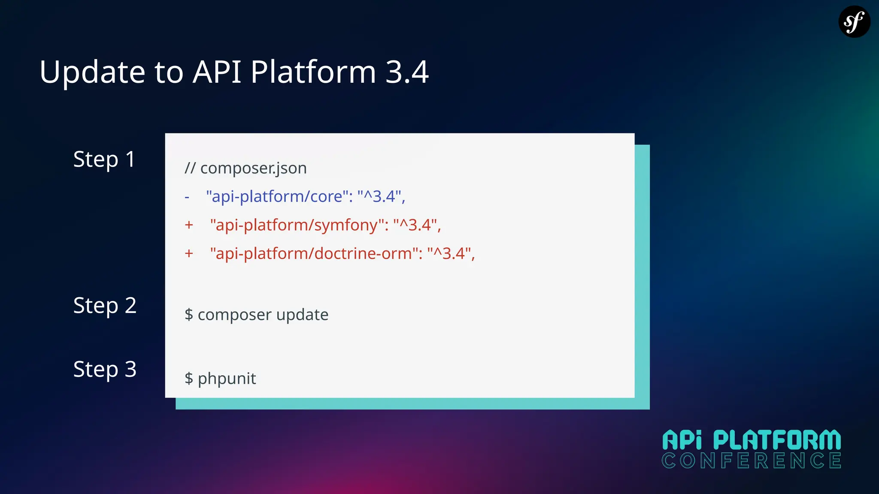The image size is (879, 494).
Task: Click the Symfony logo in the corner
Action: point(854,21)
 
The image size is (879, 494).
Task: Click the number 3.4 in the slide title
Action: point(407,72)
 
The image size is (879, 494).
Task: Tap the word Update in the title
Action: point(92,72)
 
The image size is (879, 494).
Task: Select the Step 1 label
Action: point(104,160)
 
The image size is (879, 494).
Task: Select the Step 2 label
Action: point(105,306)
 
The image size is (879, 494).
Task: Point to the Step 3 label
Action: point(105,369)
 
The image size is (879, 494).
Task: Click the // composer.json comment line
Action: point(246,168)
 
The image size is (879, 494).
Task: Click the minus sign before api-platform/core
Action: point(187,197)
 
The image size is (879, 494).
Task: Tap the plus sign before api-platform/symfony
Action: point(189,225)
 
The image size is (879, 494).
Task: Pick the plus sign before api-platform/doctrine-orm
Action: point(189,253)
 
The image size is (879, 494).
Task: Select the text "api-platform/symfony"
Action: point(297,225)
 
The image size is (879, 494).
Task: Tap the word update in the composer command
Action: point(302,315)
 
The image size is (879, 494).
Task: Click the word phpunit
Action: point(227,379)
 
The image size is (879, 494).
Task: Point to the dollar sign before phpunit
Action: point(189,379)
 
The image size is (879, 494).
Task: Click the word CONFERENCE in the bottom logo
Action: point(751,461)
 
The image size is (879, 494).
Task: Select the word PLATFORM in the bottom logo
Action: point(777,440)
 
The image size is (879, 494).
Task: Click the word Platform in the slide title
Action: point(313,72)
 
